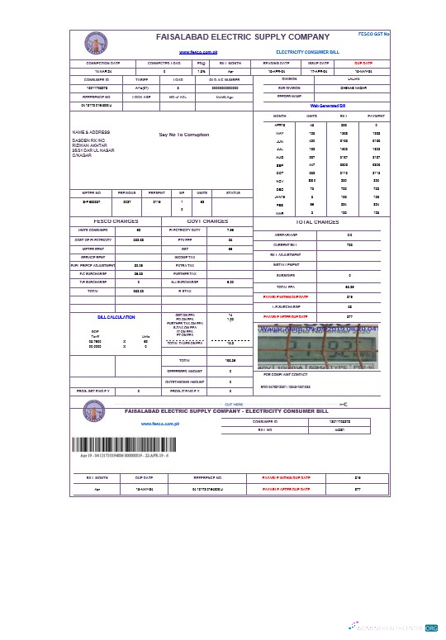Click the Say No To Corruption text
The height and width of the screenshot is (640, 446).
coord(184,134)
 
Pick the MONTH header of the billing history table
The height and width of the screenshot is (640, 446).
coord(279,117)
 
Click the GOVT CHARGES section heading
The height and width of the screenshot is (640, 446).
coord(207,221)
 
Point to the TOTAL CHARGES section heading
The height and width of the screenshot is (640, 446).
coord(317,222)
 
